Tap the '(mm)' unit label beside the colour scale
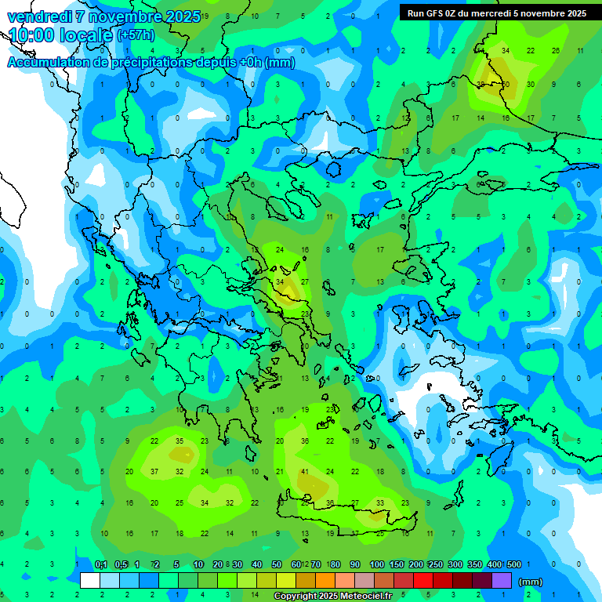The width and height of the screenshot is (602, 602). point(531,582)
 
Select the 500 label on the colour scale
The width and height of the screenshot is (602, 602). point(514,564)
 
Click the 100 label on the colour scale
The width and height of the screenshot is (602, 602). point(377,564)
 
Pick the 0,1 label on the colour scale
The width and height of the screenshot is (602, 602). point(101,564)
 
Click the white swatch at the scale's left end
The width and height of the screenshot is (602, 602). point(90,581)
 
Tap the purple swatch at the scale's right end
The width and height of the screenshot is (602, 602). point(502,581)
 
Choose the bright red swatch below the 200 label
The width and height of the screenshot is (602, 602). point(423,581)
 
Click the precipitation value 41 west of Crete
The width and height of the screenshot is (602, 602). point(305,472)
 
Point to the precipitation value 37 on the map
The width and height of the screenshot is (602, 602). point(154,472)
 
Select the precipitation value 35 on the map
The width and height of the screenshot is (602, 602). point(180,441)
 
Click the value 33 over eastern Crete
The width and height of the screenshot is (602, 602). point(380,502)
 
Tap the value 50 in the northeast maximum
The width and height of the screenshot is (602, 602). point(506,84)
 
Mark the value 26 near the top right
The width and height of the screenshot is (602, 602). point(556,50)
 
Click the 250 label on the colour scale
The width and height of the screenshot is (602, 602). point(436,564)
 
